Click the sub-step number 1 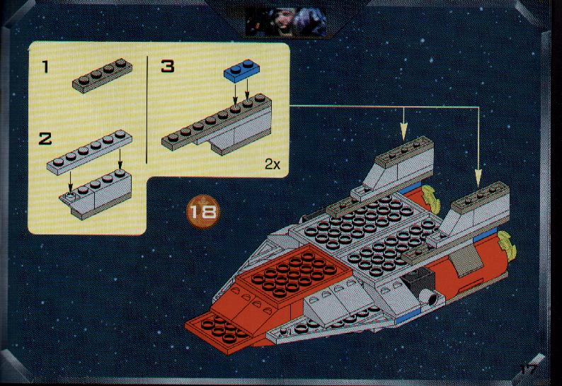pos(45,67)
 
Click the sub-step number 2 pos(45,139)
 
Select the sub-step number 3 pos(167,66)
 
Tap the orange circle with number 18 pos(202,212)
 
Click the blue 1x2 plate pos(242,71)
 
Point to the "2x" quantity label pos(273,164)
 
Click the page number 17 pos(529,369)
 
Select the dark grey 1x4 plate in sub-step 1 pos(102,76)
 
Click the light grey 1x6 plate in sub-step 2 pos(89,152)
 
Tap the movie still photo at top pos(286,22)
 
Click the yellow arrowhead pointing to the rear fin pos(404,132)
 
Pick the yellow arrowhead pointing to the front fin pos(478,178)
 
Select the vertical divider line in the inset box pos(147,109)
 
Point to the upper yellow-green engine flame pos(432,198)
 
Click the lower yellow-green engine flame pos(507,245)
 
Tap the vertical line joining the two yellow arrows pos(478,138)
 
